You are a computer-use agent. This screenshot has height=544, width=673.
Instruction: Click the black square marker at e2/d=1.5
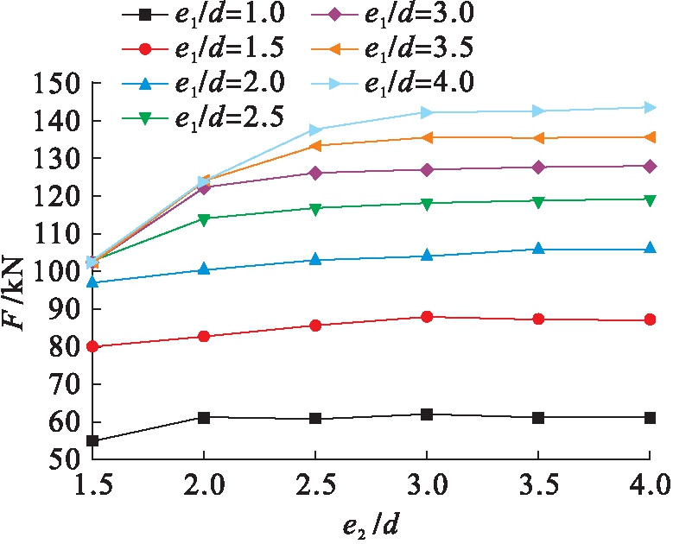(92, 441)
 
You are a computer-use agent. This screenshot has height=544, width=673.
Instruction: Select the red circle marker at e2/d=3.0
(427, 317)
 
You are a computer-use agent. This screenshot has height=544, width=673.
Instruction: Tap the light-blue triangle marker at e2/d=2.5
(315, 130)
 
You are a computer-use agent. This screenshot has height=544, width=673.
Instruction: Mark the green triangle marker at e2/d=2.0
(204, 219)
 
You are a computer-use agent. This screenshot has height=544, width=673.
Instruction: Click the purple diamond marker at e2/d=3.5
(538, 167)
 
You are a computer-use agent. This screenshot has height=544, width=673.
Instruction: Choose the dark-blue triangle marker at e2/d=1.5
(92, 281)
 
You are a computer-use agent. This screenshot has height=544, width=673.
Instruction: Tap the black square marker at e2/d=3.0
(427, 414)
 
